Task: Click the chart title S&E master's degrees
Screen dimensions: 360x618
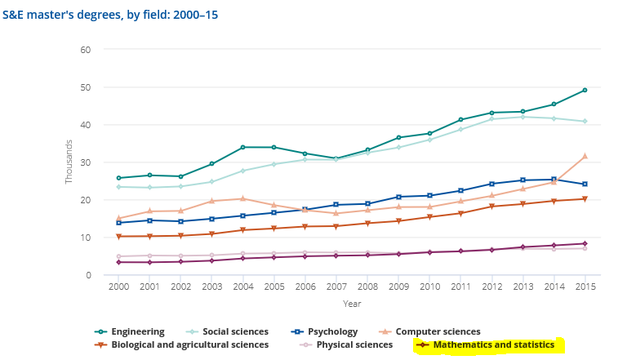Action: (110, 15)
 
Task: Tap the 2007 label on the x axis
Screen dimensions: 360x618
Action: (336, 287)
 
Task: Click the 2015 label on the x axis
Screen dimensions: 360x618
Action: (584, 287)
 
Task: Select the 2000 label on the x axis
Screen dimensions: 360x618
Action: (118, 287)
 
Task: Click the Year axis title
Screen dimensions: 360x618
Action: (352, 304)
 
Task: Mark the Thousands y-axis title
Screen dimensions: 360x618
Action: (70, 162)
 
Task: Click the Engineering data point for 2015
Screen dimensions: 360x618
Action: (584, 91)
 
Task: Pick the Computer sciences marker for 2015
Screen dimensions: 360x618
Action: (584, 156)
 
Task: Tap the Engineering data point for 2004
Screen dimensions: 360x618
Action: (242, 148)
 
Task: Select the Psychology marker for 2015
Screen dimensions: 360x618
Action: (584, 184)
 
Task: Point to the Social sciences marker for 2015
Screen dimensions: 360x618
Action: (584, 122)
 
